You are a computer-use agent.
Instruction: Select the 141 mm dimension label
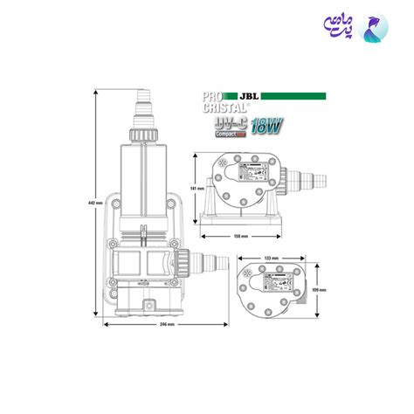[199, 187]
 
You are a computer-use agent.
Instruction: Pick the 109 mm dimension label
[322, 290]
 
